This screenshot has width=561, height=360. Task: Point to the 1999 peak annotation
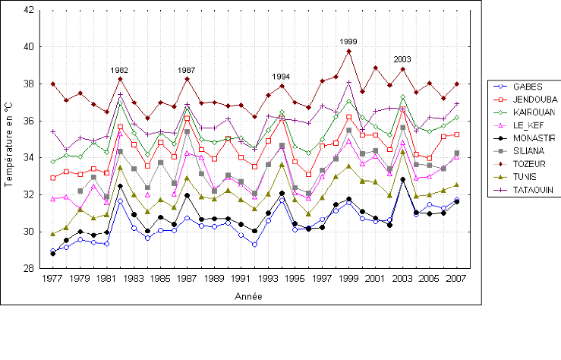[348, 42]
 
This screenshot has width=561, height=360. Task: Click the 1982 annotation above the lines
[119, 70]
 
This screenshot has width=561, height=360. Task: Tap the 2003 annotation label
[402, 59]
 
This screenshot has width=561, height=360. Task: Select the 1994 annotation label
[282, 77]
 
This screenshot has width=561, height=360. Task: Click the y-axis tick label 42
[28, 10]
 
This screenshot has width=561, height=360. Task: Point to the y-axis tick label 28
[28, 268]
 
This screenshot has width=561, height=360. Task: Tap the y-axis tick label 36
[28, 121]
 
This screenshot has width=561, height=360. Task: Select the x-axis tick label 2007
[455, 279]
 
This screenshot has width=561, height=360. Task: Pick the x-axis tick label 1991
[241, 279]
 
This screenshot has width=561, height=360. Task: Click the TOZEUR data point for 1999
[348, 51]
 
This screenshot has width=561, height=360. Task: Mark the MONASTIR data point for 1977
[52, 254]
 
